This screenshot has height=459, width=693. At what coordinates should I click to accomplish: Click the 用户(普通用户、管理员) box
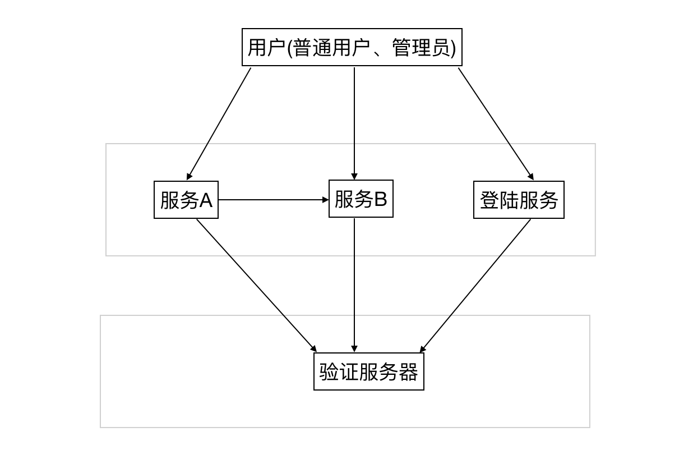pyautogui.click(x=352, y=47)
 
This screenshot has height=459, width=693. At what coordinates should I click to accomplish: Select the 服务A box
pyautogui.click(x=186, y=200)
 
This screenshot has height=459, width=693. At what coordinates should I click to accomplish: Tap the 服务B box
pyautogui.click(x=361, y=199)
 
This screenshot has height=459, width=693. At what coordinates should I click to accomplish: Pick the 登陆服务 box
pyautogui.click(x=518, y=200)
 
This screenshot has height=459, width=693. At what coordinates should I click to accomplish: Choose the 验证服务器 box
pyautogui.click(x=368, y=371)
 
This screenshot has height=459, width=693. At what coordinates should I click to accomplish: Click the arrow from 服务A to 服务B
pyautogui.click(x=273, y=200)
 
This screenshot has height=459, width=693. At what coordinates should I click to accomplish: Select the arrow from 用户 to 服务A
pyautogui.click(x=219, y=123)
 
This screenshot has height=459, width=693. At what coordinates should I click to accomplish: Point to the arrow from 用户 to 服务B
pyautogui.click(x=354, y=123)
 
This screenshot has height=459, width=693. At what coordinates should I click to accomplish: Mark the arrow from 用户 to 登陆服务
pyautogui.click(x=496, y=123)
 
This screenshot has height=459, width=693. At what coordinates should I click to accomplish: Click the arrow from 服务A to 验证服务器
pyautogui.click(x=256, y=285)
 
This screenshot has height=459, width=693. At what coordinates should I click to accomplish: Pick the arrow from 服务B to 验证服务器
pyautogui.click(x=354, y=285)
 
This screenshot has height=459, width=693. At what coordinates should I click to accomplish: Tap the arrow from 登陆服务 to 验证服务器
pyautogui.click(x=475, y=285)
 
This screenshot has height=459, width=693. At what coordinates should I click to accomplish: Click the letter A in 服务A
pyautogui.click(x=206, y=200)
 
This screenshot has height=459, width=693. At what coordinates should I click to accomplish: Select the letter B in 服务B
pyautogui.click(x=380, y=199)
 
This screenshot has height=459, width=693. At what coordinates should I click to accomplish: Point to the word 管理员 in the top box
pyautogui.click(x=421, y=48)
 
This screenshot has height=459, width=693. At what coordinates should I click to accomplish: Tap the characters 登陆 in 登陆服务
pyautogui.click(x=499, y=200)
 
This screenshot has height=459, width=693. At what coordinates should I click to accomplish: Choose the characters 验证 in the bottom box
pyautogui.click(x=339, y=372)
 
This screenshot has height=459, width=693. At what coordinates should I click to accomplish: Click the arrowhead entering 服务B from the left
pyautogui.click(x=325, y=200)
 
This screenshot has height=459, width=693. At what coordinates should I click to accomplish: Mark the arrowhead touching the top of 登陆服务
pyautogui.click(x=530, y=177)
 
